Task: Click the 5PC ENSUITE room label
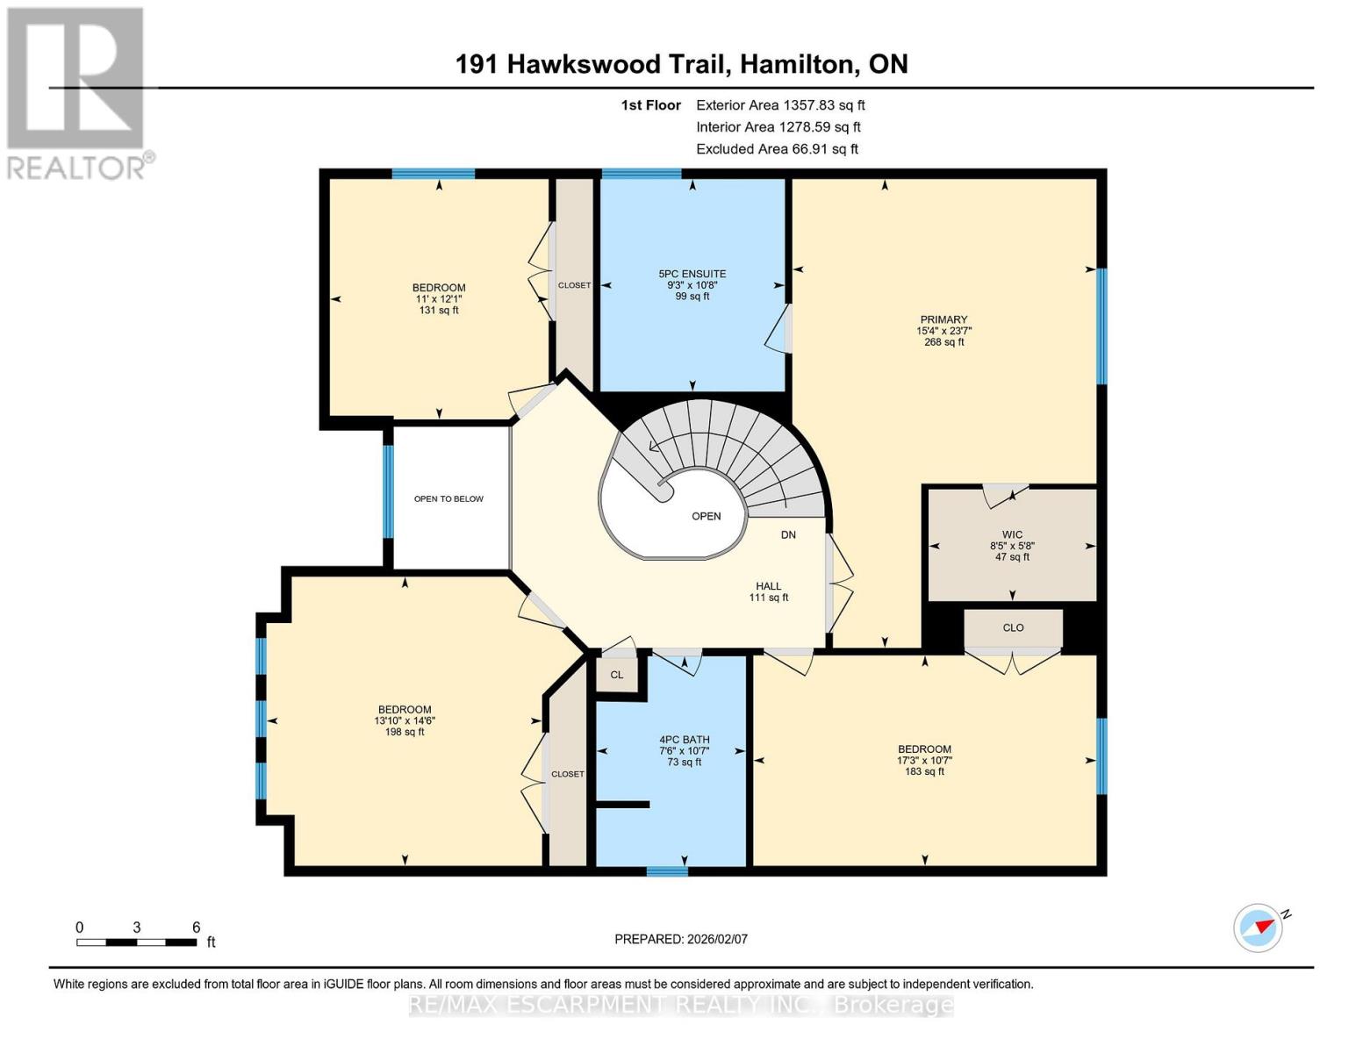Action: click(x=692, y=284)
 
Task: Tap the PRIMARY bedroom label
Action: click(x=943, y=331)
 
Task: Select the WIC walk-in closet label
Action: click(x=1012, y=545)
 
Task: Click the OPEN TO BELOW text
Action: click(x=448, y=498)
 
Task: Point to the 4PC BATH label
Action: click(x=685, y=750)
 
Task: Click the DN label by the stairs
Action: click(x=788, y=534)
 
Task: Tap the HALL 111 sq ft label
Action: click(x=768, y=591)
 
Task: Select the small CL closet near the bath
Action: click(x=616, y=675)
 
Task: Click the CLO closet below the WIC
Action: click(x=1013, y=627)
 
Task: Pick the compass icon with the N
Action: click(x=1258, y=928)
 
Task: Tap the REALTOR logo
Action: click(x=77, y=92)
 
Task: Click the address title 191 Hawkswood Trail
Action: click(x=681, y=64)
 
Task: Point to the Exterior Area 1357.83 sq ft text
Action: click(x=779, y=104)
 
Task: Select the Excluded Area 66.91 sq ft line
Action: click(x=777, y=149)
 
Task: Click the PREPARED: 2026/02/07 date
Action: click(x=681, y=939)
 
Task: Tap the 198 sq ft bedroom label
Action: click(x=405, y=720)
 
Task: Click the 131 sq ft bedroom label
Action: click(x=439, y=298)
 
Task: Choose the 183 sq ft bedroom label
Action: click(x=924, y=760)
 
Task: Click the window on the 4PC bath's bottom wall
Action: click(x=667, y=871)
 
